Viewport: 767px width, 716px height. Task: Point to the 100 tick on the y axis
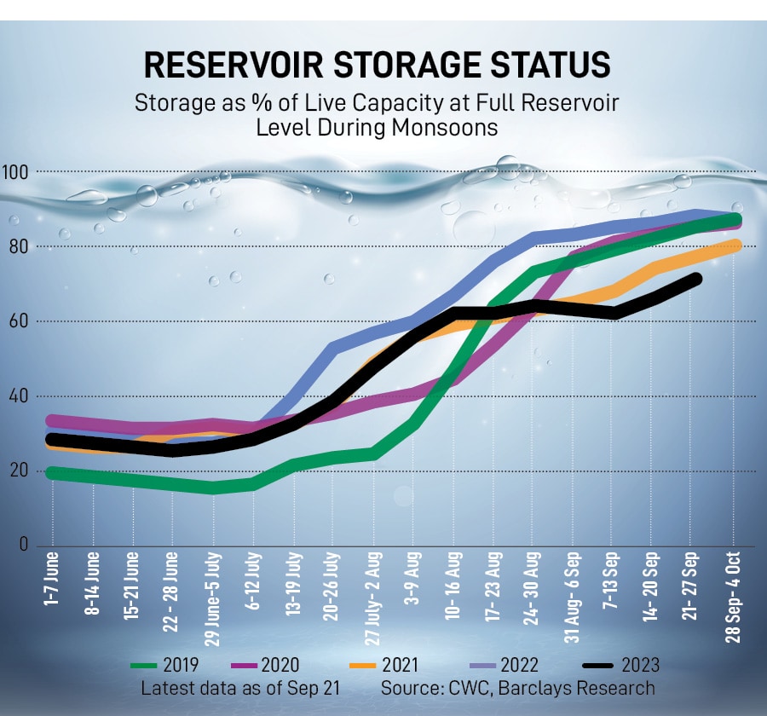[19, 173]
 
